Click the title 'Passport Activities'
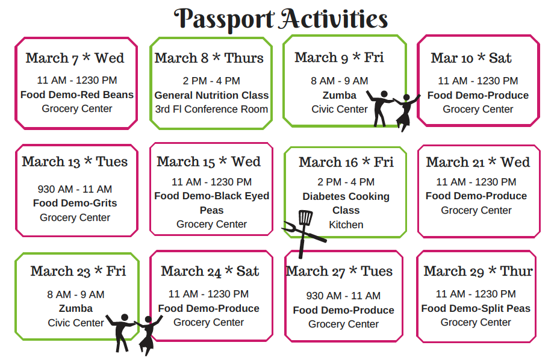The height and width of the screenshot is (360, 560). point(281,19)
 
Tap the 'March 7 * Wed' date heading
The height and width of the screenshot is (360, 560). point(75,58)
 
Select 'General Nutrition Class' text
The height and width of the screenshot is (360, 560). point(211,95)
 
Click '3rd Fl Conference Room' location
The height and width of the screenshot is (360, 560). point(211,110)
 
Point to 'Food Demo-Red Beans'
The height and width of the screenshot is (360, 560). point(77,95)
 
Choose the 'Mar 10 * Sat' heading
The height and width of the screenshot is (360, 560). point(471,58)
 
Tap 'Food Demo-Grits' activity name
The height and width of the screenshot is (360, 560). point(75,203)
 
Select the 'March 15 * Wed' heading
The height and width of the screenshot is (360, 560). point(208,162)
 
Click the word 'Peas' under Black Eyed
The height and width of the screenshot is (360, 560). point(211,210)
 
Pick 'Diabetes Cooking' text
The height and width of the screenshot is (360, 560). point(346,196)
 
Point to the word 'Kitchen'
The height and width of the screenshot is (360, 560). point(346,225)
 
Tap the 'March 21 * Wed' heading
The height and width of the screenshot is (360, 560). point(478,163)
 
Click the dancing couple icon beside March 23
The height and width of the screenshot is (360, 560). point(134,334)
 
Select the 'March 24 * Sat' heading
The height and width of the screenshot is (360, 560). point(210,272)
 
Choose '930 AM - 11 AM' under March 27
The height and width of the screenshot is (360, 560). point(343,296)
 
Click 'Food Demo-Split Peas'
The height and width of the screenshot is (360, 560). point(476,309)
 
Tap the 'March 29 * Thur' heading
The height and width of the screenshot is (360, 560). point(478,272)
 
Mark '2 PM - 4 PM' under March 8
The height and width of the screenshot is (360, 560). point(211,81)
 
